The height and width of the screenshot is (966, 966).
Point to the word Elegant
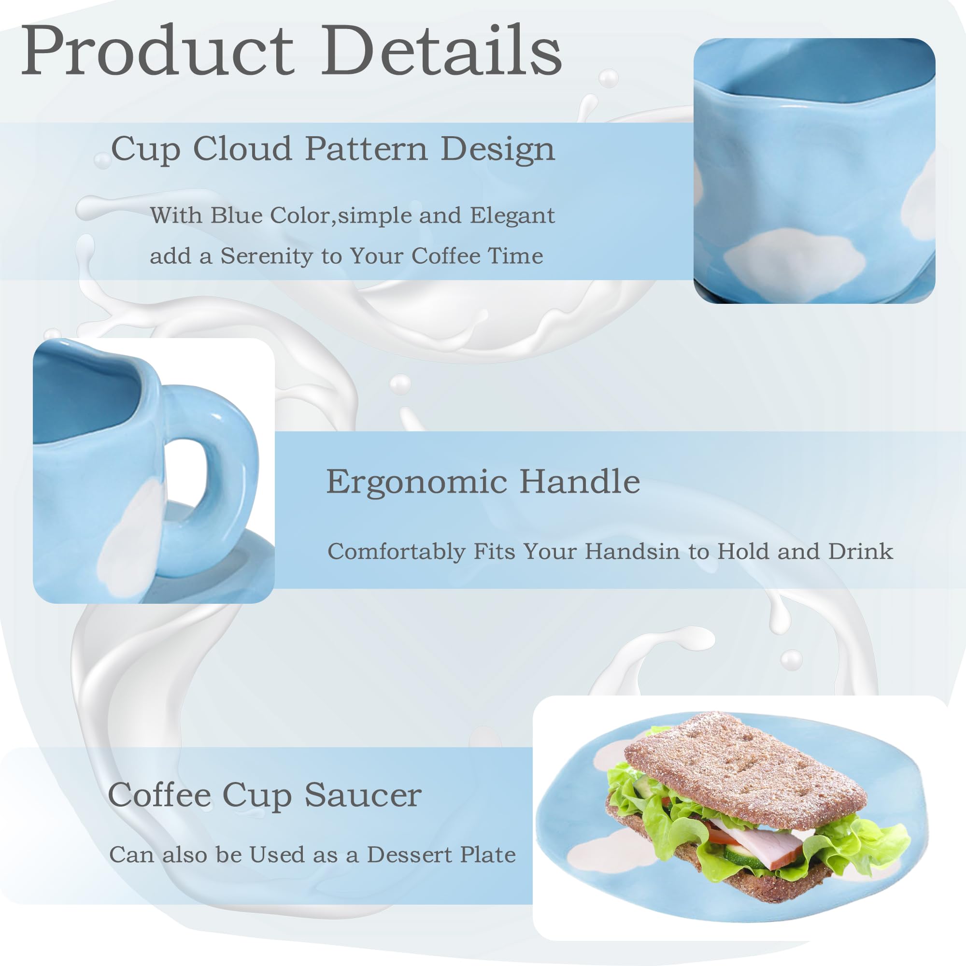coord(512,215)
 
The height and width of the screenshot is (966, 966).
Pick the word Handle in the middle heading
coord(580,481)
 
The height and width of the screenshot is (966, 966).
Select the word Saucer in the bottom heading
coord(363,795)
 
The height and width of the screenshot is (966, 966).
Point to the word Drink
coord(861,551)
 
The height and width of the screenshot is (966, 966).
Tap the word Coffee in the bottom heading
coord(159,795)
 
